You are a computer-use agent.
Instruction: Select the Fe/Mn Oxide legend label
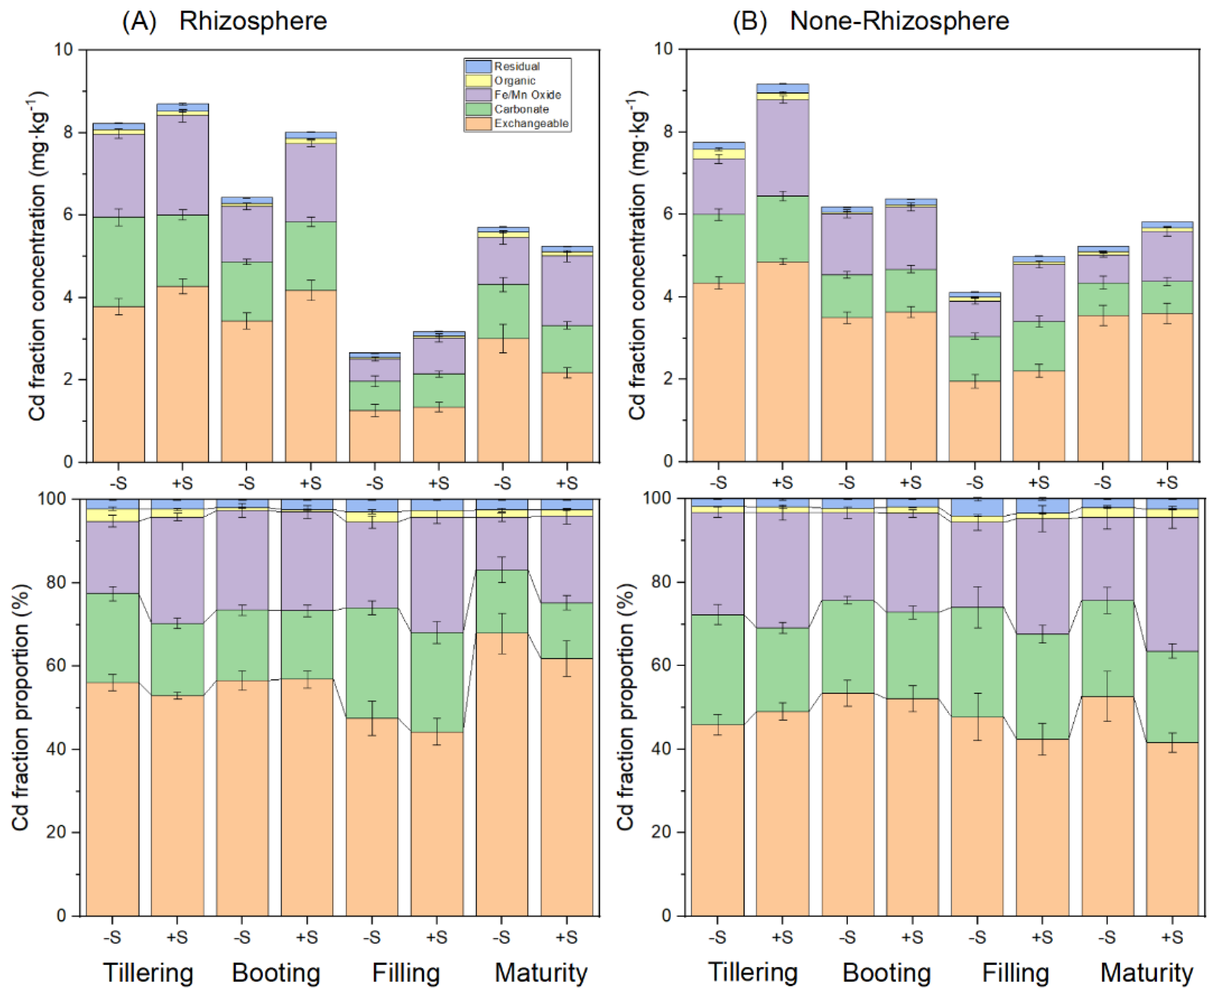coord(527,95)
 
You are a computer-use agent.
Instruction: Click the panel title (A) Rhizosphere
coord(225,21)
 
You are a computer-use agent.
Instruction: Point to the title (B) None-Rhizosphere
coord(870,21)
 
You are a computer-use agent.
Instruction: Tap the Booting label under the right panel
coord(886,973)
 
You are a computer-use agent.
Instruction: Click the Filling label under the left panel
coord(405,973)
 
